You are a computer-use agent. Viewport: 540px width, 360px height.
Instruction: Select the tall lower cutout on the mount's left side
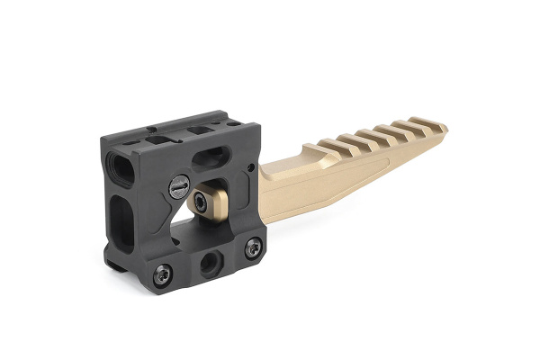pyautogui.click(x=121, y=216)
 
